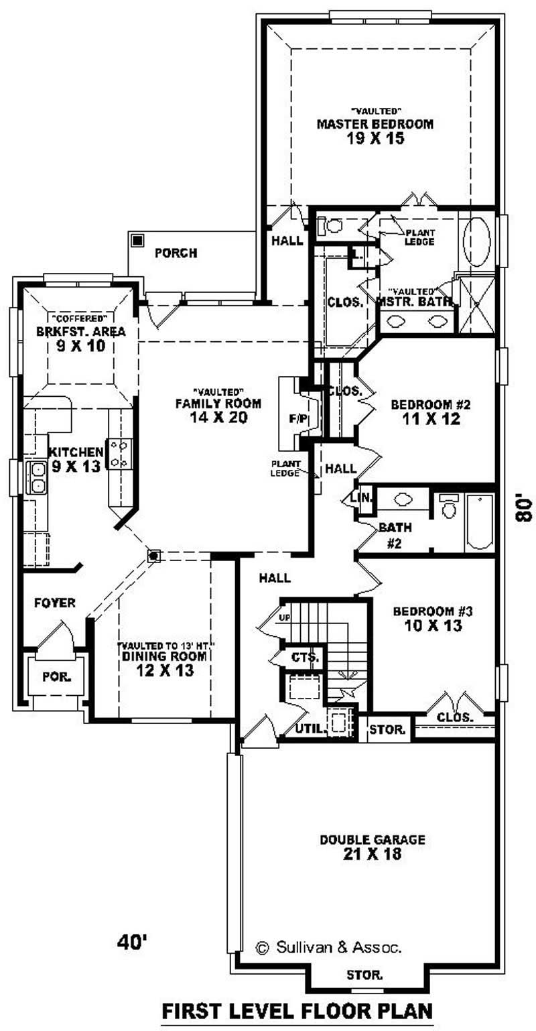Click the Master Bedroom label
pos(375,124)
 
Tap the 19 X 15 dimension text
pos(375,139)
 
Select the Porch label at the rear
pos(176,253)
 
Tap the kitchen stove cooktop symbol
pos(120,453)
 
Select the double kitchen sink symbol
pos(37,477)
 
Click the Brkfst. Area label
pos(81,331)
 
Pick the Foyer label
pos(55,603)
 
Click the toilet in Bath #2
pos(449,509)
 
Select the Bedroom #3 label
pos(433,611)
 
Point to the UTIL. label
pos(310,728)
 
